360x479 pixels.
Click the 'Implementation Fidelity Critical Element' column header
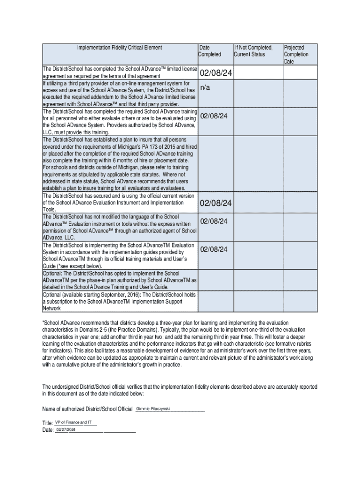coord(120,47)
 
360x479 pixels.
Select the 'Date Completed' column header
coord(209,51)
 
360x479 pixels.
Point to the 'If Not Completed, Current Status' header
coord(253,51)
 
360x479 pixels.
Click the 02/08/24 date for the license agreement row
coord(216,74)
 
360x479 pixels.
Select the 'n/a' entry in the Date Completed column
coord(205,88)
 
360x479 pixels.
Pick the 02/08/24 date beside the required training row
coord(214,116)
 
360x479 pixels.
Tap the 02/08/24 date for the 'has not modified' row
coord(214,221)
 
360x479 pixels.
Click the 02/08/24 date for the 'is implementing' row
coord(214,249)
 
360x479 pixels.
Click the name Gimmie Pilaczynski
coord(152,409)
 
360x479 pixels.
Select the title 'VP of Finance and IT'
coord(73,422)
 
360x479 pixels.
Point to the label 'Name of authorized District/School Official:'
coord(88,410)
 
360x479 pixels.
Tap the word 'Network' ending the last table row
coord(52,309)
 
